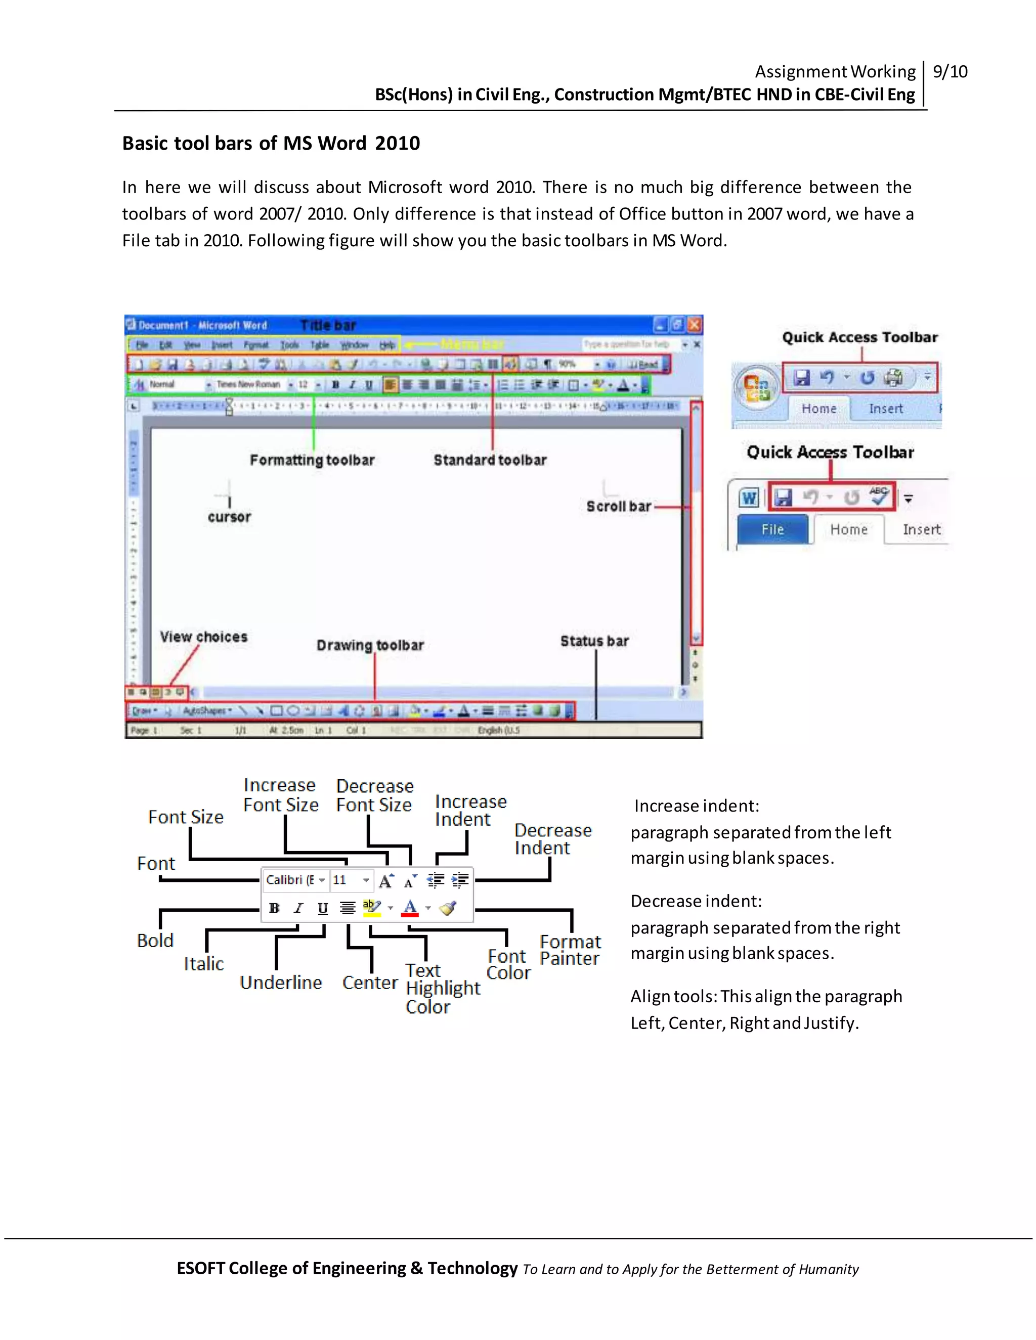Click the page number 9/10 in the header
click(949, 72)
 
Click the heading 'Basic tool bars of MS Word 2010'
click(271, 143)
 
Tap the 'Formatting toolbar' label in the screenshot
click(312, 460)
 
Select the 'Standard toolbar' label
click(490, 460)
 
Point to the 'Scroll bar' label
click(618, 507)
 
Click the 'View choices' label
click(204, 637)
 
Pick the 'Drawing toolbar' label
click(370, 645)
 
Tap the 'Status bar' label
click(594, 641)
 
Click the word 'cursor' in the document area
click(229, 517)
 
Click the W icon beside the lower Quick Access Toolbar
click(749, 498)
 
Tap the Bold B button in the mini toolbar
click(274, 908)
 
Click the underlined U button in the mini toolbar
click(323, 908)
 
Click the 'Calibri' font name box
click(290, 880)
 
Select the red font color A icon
click(410, 908)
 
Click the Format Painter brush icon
click(448, 908)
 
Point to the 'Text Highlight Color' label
click(443, 989)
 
